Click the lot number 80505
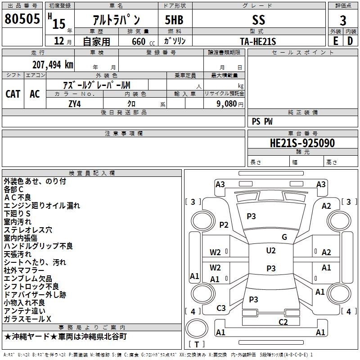click(22, 19)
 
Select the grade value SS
click(258, 20)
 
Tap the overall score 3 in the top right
click(343, 20)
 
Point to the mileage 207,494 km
click(53, 64)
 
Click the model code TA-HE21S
click(258, 41)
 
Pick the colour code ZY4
click(75, 103)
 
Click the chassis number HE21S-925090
click(302, 144)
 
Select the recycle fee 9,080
click(227, 103)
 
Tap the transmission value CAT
click(13, 94)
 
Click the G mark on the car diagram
click(284, 237)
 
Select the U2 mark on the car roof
click(270, 251)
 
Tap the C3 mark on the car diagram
click(221, 308)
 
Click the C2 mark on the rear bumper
click(283, 322)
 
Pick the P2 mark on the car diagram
click(224, 225)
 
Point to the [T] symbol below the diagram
click(196, 344)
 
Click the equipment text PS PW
click(262, 121)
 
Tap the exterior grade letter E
click(335, 41)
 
